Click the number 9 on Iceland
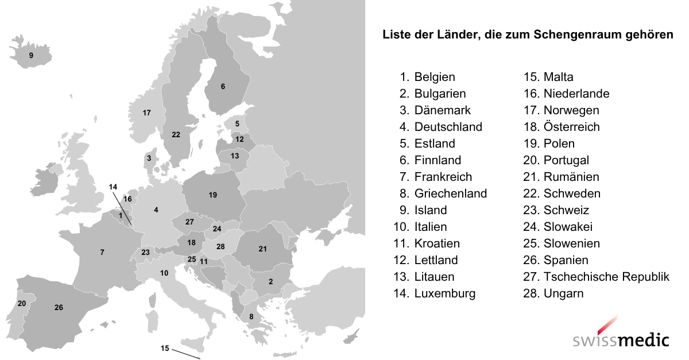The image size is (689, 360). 31,56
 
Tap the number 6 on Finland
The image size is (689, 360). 223,87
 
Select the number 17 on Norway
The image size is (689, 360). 146,113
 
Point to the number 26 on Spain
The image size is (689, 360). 59,308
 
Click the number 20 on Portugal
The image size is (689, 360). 22,303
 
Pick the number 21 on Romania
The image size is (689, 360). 262,249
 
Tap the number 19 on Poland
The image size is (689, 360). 212,195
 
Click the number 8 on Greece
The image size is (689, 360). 251,316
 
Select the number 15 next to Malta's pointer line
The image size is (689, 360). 165,349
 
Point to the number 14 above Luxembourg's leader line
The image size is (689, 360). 113,187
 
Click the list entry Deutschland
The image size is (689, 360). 448,127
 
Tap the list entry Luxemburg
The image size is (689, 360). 444,293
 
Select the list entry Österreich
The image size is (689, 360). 571,127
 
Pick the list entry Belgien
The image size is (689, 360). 434,77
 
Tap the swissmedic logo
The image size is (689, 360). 621,335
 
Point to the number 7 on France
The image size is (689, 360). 102,252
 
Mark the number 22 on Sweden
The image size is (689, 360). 176,135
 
